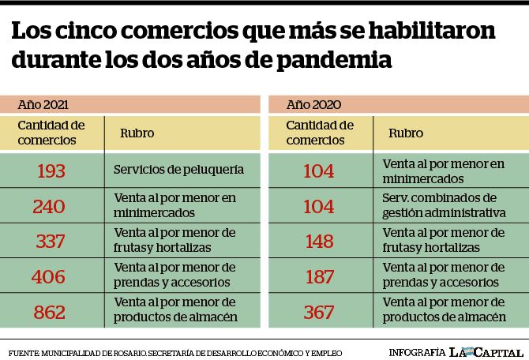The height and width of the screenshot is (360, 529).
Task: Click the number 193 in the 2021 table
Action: point(51,171)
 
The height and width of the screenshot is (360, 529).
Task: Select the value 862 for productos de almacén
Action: point(49,312)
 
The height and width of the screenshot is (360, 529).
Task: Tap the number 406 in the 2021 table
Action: point(48,277)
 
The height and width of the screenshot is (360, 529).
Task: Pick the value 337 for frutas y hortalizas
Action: point(50,242)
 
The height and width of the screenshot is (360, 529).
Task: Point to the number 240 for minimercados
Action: point(49,207)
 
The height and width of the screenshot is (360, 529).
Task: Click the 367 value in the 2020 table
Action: point(319,312)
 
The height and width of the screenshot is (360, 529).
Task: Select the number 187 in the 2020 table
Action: point(320,277)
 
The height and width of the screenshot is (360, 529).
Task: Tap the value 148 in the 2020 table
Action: point(320,242)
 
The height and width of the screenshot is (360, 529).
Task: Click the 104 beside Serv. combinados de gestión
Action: point(319,207)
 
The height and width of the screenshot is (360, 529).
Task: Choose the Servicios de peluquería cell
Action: point(178,170)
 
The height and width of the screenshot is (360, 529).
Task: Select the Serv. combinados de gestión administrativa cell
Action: point(444,205)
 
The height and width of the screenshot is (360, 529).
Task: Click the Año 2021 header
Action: point(43,104)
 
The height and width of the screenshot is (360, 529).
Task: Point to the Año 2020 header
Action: point(313,104)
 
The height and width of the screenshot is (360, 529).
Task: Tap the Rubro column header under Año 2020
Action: point(406,133)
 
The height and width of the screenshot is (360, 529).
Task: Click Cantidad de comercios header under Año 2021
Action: point(51,133)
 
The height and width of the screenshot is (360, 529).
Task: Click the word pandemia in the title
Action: point(334,61)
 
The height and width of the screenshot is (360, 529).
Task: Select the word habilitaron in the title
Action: point(432,31)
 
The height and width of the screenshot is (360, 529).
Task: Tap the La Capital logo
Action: point(486,353)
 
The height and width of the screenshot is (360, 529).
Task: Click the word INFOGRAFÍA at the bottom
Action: point(417,353)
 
